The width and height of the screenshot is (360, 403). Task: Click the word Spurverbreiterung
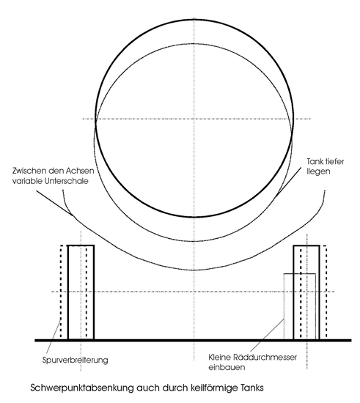pos(75,361)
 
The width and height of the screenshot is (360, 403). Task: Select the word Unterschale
pos(66,181)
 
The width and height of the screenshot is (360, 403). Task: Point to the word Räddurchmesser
pos(265,358)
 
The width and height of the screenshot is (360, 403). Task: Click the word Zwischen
pos(29,171)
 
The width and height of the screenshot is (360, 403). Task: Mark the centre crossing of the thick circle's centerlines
pos(194,119)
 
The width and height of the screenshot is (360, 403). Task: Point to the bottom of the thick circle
pos(194,217)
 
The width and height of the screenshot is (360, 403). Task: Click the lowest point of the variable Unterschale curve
pos(194,270)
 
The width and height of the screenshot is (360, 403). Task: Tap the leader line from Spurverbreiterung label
pos(54,336)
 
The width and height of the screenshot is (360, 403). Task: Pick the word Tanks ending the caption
pos(252,388)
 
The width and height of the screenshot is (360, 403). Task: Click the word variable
pos(28,181)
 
